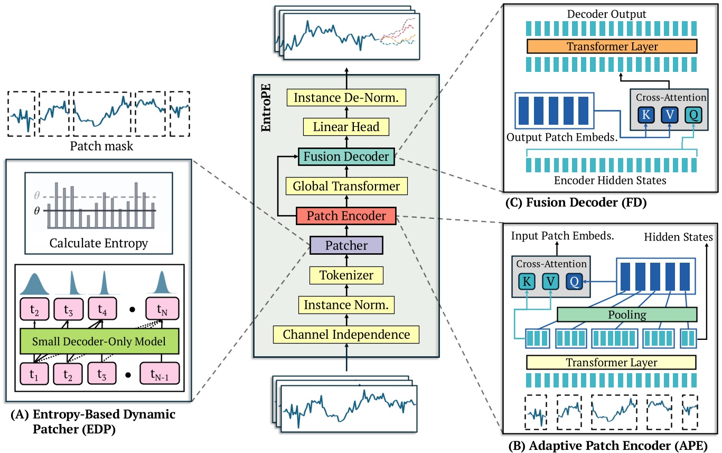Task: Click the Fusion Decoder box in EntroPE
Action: point(346,156)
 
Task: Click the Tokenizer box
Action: point(346,275)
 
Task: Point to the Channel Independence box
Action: point(346,335)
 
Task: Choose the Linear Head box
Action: point(346,127)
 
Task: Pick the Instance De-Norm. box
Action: point(346,97)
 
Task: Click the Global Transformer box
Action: point(346,186)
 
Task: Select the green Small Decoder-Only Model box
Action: point(100,342)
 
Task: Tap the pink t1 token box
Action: point(33,372)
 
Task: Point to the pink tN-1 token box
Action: point(160,372)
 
